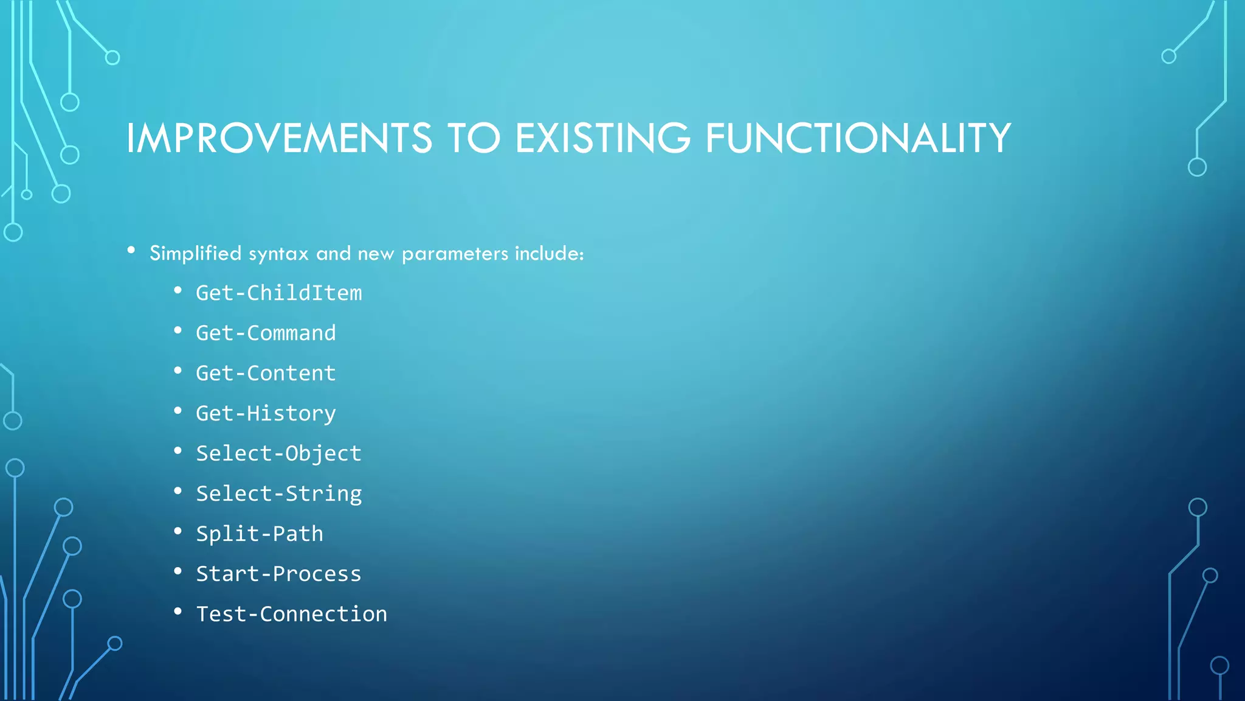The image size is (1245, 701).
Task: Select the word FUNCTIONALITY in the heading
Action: pos(858,138)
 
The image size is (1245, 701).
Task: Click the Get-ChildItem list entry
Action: pos(278,293)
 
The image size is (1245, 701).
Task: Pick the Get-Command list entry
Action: pos(266,333)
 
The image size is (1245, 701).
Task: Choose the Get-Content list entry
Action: pos(266,374)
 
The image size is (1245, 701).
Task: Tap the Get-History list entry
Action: pos(266,414)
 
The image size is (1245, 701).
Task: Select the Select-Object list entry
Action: pos(278,454)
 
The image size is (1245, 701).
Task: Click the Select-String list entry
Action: pos(278,494)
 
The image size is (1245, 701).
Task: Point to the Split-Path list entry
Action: pos(260,534)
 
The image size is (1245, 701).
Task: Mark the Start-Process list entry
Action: pos(278,574)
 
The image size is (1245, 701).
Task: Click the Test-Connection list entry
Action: pos(291,615)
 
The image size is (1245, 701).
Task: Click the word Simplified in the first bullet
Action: pos(195,253)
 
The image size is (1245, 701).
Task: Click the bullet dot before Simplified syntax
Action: pos(131,251)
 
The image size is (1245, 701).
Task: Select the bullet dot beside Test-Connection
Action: pos(178,612)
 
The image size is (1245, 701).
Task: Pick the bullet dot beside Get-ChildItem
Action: pos(178,290)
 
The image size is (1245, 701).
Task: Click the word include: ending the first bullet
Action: pos(549,253)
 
